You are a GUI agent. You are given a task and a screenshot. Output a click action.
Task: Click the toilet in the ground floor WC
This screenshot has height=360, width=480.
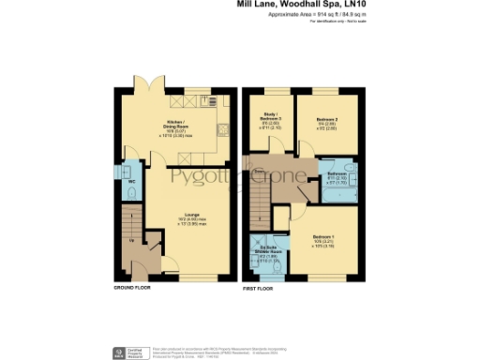(129, 194)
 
